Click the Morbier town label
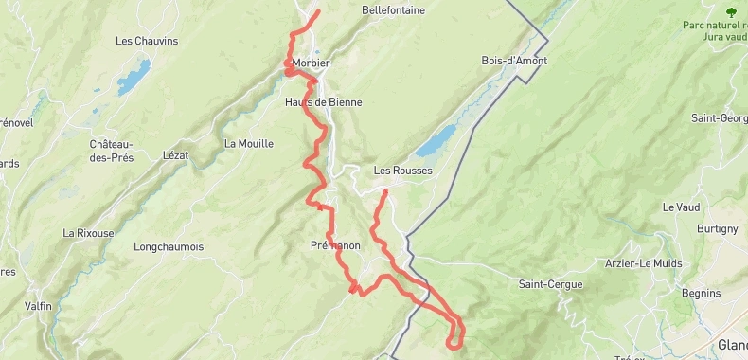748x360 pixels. (311, 63)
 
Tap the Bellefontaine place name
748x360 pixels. (393, 10)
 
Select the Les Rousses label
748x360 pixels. (402, 171)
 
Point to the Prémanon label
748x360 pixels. (335, 245)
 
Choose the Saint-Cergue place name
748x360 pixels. (550, 284)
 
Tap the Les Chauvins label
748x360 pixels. (147, 41)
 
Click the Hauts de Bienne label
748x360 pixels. (324, 102)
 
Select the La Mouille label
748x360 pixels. (249, 144)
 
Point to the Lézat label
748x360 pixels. (175, 154)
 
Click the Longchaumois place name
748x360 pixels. (169, 246)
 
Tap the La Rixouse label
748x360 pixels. (88, 233)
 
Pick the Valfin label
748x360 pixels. (39, 306)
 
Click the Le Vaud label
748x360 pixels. (679, 207)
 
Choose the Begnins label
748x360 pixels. (701, 293)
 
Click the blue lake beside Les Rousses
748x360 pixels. (435, 144)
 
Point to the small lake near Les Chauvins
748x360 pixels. (134, 74)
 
